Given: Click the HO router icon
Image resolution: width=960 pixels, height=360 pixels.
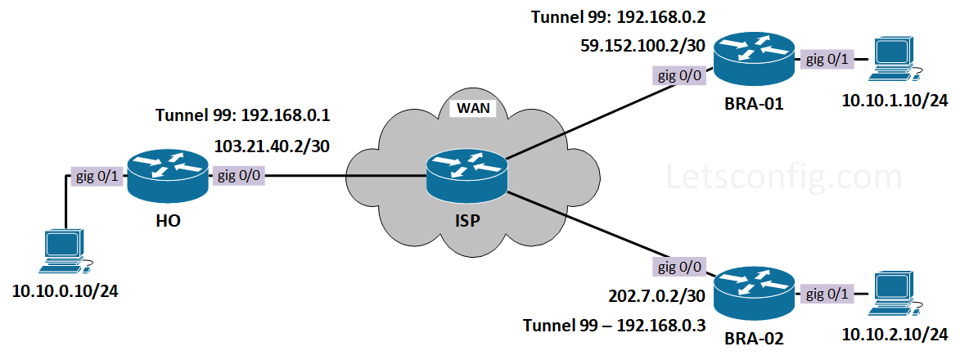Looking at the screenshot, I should tap(167, 176).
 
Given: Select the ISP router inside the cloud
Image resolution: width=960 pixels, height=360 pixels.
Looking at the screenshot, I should tap(466, 176).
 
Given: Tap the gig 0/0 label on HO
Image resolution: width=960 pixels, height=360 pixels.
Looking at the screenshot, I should tap(238, 176).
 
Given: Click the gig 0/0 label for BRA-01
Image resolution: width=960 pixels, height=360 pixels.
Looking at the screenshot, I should tap(679, 76).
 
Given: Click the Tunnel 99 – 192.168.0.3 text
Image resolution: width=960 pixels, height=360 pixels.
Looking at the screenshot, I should tap(615, 326).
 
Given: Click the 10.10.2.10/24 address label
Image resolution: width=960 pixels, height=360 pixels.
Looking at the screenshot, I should tap(895, 334).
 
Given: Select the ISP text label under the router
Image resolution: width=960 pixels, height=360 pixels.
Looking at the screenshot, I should tap(466, 221).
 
